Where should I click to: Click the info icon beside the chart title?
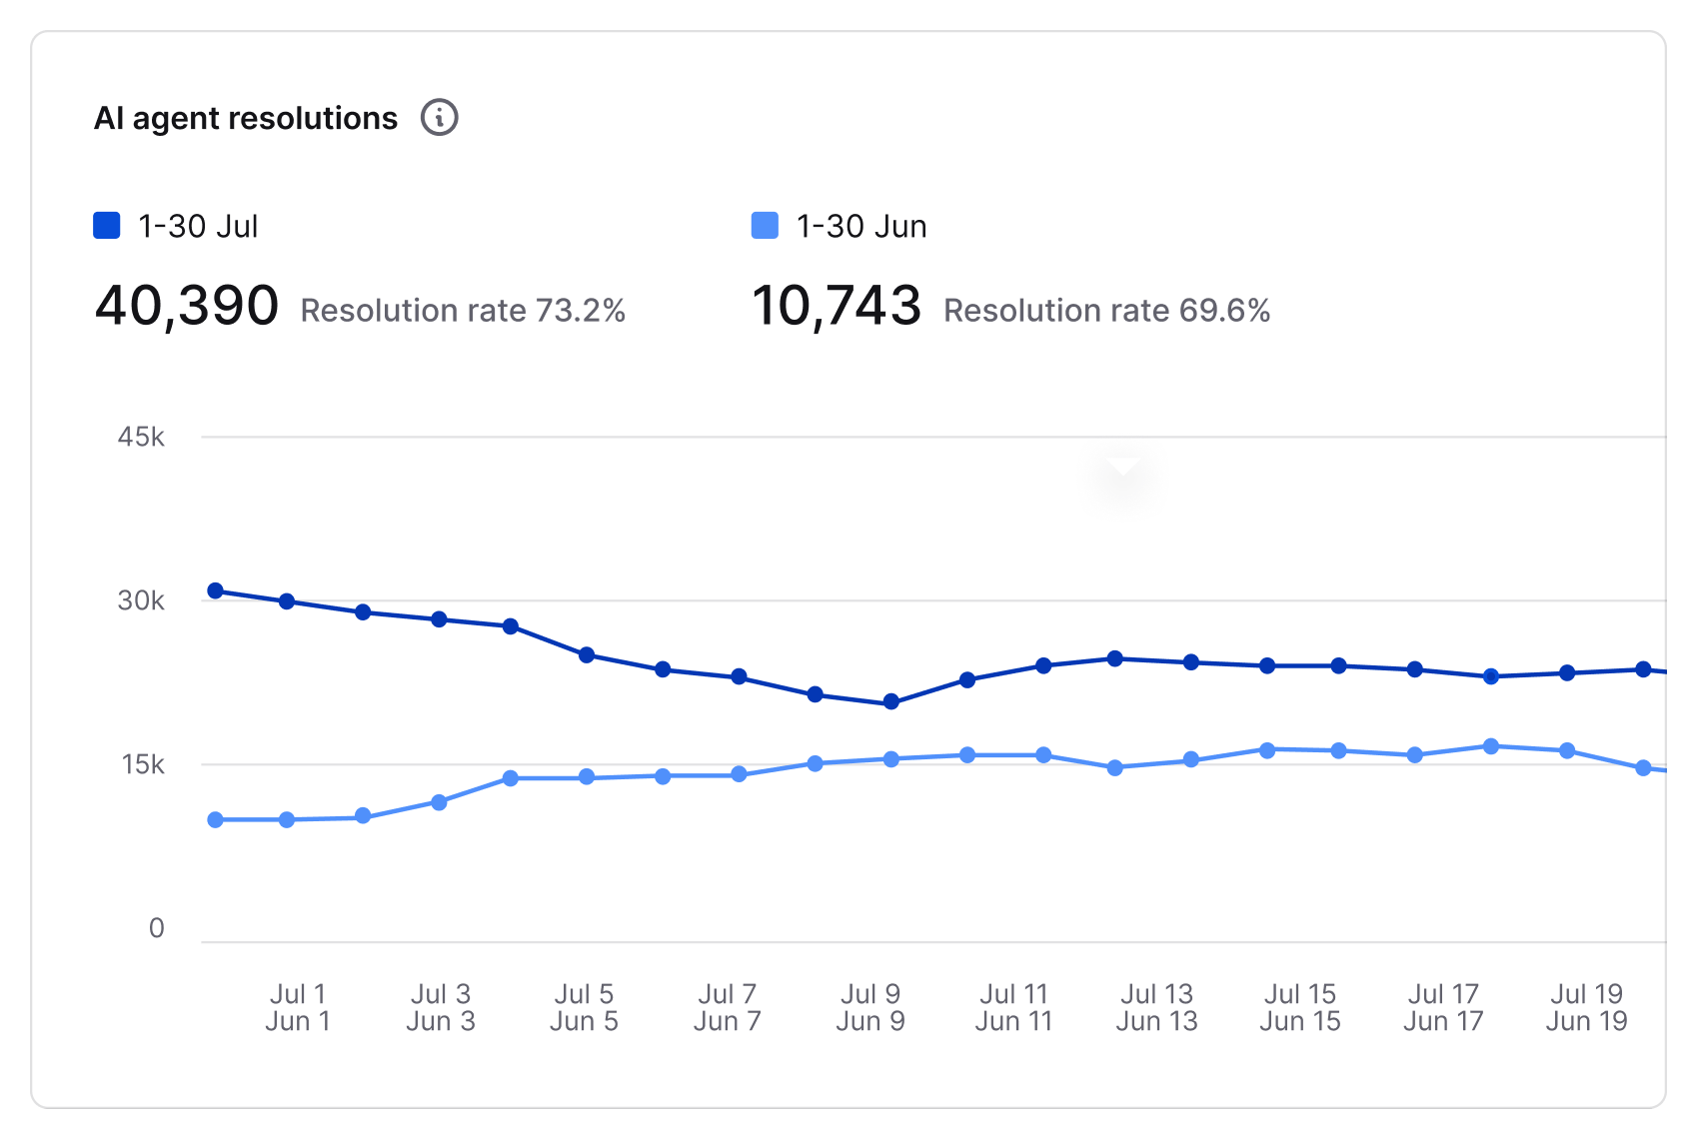pos(439,118)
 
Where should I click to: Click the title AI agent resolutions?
pos(246,119)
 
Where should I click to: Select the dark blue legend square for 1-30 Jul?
pos(107,226)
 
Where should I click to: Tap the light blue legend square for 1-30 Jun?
pos(765,226)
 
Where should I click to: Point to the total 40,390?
pos(187,306)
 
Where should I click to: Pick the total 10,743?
pos(836,306)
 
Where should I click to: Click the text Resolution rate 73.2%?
pos(463,311)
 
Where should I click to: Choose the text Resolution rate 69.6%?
pos(1106,311)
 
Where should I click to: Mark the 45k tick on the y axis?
pos(141,437)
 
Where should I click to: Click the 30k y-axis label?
pos(141,600)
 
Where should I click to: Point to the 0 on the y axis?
pos(156,928)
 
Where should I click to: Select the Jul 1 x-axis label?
pos(298,994)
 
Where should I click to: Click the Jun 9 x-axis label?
pos(870,1021)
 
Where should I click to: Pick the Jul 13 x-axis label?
pos(1156,994)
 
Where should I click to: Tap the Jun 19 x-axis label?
pos(1586,1021)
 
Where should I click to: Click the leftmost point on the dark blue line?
pos(215,590)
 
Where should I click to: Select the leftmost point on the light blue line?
pos(215,820)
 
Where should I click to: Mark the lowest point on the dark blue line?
pos(891,702)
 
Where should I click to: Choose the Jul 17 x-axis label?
pos(1443,994)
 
